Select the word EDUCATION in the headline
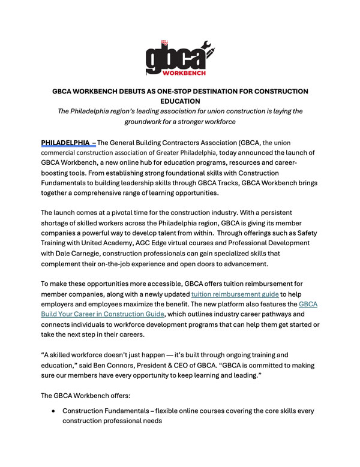point(181,102)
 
